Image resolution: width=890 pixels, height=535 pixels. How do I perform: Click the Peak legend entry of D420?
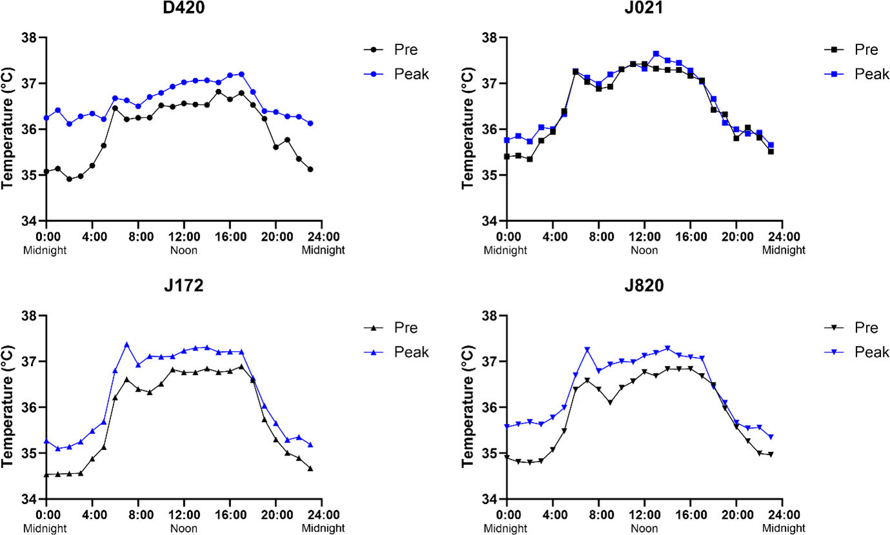click(411, 74)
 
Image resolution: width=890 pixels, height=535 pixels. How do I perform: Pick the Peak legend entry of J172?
click(411, 352)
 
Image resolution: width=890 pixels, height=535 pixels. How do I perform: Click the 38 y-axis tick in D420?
click(30, 38)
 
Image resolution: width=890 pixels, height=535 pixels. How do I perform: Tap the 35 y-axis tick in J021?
click(491, 176)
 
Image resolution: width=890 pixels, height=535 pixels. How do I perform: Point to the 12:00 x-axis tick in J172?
click(184, 514)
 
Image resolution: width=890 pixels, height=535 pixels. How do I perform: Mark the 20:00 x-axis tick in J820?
click(737, 514)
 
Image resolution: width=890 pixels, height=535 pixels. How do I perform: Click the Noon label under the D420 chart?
click(184, 250)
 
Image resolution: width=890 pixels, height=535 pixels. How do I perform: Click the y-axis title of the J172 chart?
click(9, 407)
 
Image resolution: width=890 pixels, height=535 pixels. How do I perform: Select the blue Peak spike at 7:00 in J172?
click(126, 345)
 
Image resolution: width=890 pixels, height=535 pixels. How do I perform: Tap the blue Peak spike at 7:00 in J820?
click(587, 350)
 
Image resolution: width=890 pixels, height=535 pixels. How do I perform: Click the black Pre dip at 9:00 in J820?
click(610, 403)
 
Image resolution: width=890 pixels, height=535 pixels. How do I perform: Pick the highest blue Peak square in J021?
click(656, 54)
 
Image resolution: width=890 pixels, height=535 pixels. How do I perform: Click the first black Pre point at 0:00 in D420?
click(46, 172)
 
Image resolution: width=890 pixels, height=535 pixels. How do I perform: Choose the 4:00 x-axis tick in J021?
click(553, 237)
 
